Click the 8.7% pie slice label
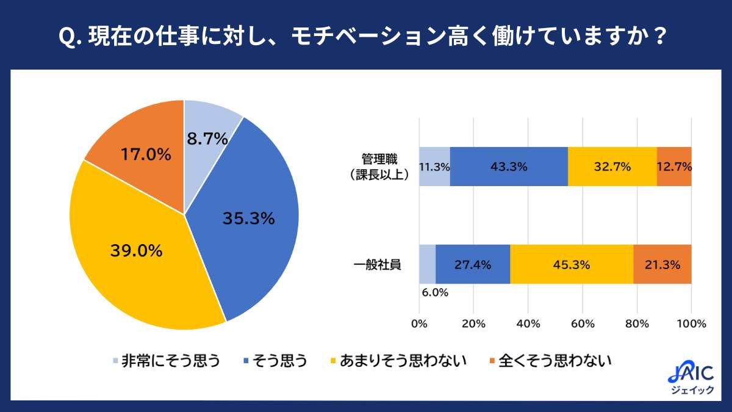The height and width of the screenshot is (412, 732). [207, 139]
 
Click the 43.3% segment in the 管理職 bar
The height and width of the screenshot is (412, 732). [509, 167]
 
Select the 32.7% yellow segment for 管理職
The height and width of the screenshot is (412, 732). [612, 167]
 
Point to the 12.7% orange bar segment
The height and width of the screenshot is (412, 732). [674, 167]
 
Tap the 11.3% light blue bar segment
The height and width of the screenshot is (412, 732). [434, 167]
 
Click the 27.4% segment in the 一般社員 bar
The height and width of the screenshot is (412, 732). [473, 264]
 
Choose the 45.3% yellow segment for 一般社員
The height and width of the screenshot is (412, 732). [572, 264]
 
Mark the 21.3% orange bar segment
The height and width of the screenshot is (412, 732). [662, 264]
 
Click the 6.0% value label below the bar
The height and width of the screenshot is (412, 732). [434, 292]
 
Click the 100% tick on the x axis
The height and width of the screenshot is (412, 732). [691, 323]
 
